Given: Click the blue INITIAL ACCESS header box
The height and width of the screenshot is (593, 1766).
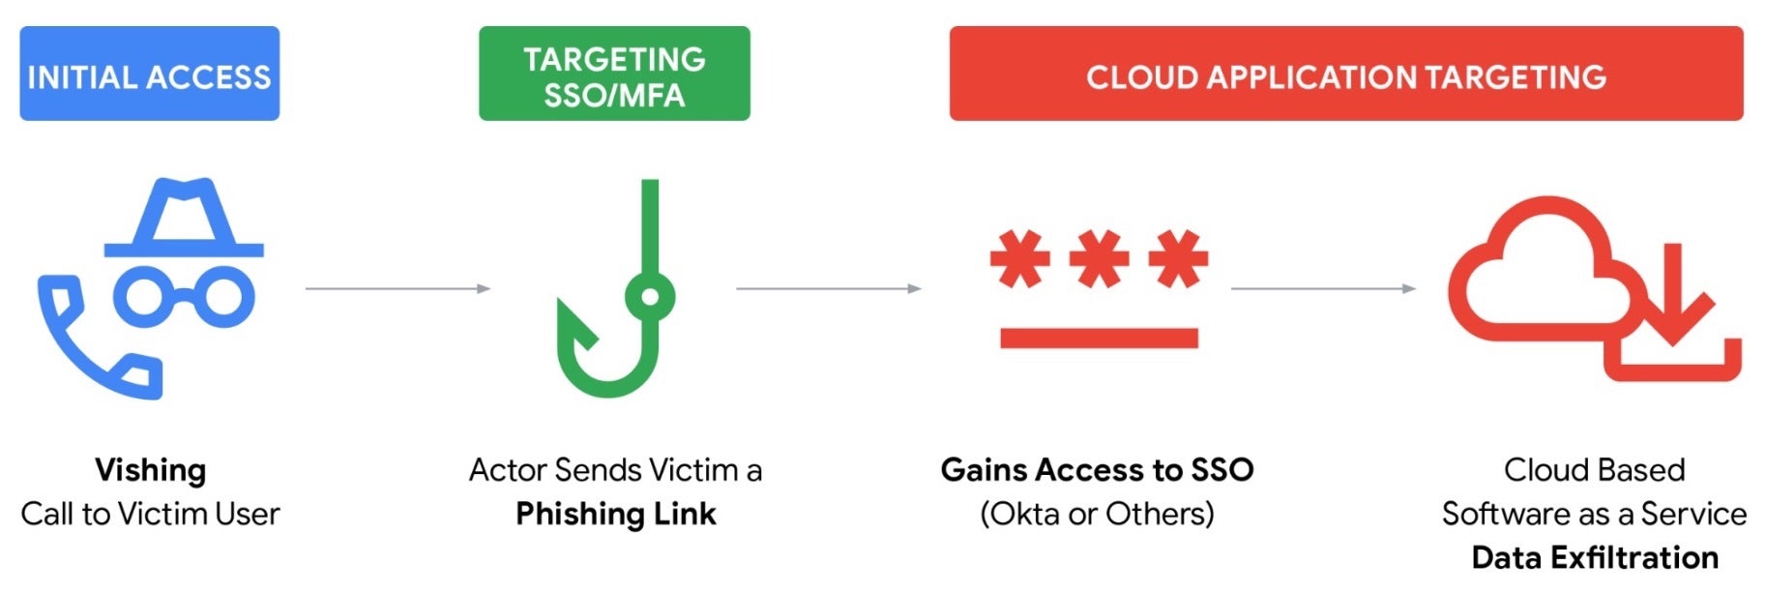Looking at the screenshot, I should pyautogui.click(x=150, y=74).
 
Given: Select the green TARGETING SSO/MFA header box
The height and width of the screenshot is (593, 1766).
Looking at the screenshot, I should pyautogui.click(x=614, y=74).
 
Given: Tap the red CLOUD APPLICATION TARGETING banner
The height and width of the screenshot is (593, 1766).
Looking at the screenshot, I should pyautogui.click(x=1345, y=74).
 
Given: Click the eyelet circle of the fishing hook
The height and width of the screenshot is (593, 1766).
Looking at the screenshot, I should pyautogui.click(x=650, y=297).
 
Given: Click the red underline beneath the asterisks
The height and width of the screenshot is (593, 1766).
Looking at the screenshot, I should pyautogui.click(x=1099, y=338).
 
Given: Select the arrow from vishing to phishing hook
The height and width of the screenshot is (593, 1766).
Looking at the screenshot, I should pyautogui.click(x=397, y=288).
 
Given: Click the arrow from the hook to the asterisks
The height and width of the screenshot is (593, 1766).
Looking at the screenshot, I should pyautogui.click(x=828, y=288).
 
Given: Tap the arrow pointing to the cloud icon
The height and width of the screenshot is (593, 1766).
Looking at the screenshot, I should pyautogui.click(x=1322, y=288).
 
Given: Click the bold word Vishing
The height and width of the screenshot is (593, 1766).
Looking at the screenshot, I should pyautogui.click(x=151, y=470).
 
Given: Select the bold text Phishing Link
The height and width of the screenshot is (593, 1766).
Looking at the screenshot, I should pyautogui.click(x=616, y=514).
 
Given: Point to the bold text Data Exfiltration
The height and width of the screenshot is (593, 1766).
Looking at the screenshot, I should pyautogui.click(x=1595, y=558).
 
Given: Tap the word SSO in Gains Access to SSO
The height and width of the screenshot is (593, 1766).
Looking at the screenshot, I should pyautogui.click(x=1222, y=470).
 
